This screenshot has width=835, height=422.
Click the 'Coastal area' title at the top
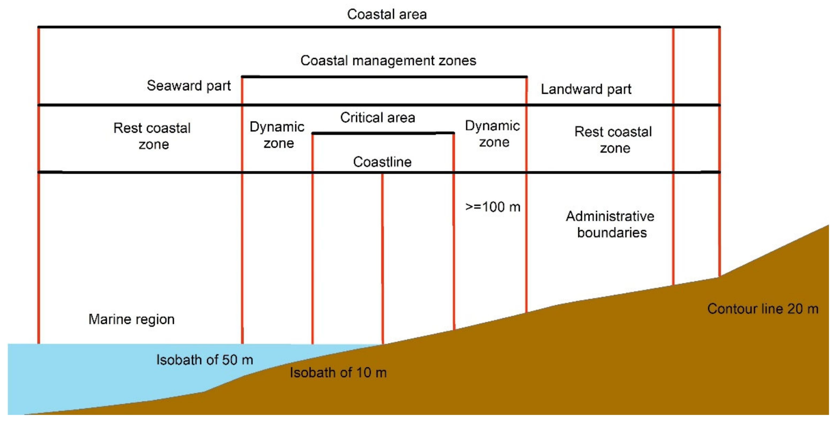tap(387, 14)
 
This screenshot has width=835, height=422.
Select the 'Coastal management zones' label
tap(388, 61)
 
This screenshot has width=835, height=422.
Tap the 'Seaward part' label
tap(189, 86)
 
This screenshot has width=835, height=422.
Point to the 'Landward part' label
tap(586, 89)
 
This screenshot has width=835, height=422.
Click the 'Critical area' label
tap(377, 117)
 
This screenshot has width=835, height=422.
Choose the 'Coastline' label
tap(382, 162)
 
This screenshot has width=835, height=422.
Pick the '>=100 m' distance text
tap(492, 207)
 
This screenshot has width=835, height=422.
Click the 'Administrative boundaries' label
tap(610, 224)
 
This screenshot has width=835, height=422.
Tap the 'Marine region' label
tap(131, 319)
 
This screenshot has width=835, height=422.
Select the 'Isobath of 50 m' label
tap(205, 360)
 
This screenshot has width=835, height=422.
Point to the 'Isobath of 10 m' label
tap(338, 373)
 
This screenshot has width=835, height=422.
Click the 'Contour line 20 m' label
tap(762, 309)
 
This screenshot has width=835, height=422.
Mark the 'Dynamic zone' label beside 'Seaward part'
tap(277, 135)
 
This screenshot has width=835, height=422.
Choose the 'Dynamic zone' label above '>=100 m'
tap(493, 134)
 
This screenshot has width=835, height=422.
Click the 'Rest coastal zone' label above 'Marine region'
tap(152, 136)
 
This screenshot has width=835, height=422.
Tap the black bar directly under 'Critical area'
tap(383, 133)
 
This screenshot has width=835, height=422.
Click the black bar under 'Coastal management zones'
tap(384, 77)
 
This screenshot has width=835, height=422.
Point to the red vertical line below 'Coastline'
tap(383, 259)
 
